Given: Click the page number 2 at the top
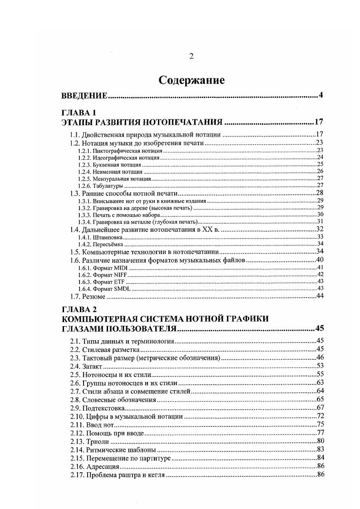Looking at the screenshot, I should [191, 56].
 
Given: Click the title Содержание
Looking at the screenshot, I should [191, 80].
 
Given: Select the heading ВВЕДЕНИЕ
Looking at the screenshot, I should [84, 96].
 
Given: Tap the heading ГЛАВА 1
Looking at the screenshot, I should [79, 113].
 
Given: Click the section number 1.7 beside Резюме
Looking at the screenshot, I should [75, 297].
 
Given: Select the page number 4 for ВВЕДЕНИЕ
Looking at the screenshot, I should [321, 96].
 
